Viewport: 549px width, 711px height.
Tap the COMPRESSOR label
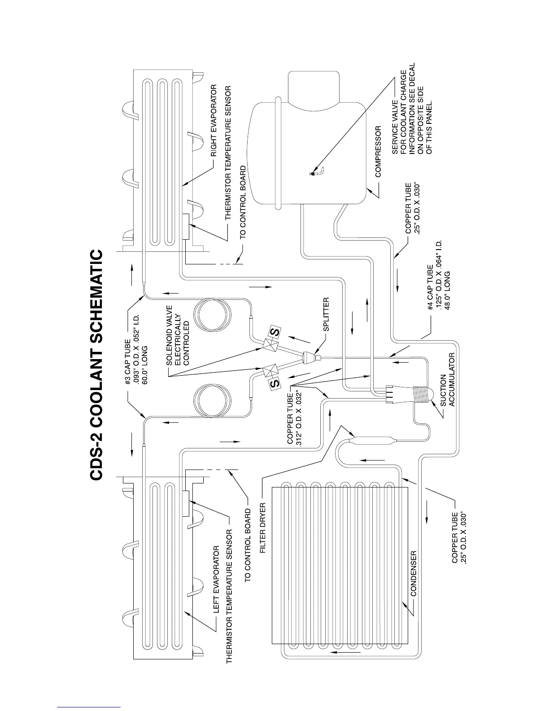pyautogui.click(x=378, y=151)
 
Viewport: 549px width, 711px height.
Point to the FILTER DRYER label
pyautogui.click(x=263, y=528)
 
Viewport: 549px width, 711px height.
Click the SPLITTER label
pyautogui.click(x=326, y=314)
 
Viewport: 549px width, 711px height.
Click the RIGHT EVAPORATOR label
pyautogui.click(x=214, y=120)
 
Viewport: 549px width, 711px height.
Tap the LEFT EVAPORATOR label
pyautogui.click(x=216, y=579)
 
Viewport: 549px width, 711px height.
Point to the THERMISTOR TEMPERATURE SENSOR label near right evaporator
pyautogui.click(x=228, y=153)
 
